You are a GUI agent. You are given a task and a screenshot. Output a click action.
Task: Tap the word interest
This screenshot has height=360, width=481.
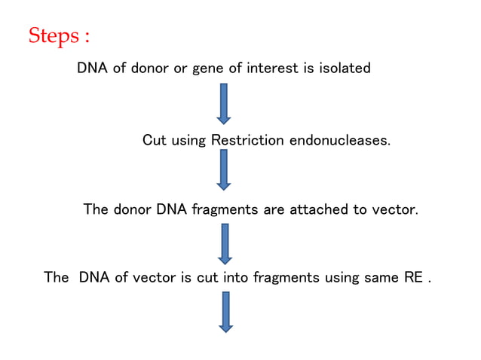pyautogui.click(x=270, y=69)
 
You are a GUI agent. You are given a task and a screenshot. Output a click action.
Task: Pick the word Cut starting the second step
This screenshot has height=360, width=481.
pyautogui.click(x=155, y=140)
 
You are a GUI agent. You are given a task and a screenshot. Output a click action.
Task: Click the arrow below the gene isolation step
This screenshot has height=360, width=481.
pyautogui.click(x=223, y=103)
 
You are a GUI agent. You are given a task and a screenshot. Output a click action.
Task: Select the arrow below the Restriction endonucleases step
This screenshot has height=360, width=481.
pyautogui.click(x=223, y=169)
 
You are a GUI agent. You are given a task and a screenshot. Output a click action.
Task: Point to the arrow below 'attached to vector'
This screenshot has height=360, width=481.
pyautogui.click(x=225, y=243)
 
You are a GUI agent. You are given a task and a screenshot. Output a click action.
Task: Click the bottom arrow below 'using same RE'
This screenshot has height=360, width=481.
pyautogui.click(x=225, y=311)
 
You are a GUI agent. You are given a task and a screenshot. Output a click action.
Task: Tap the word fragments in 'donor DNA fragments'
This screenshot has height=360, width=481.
pyautogui.click(x=225, y=209)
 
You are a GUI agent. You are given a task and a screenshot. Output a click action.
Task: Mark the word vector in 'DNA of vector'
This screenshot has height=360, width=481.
pyautogui.click(x=155, y=277)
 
